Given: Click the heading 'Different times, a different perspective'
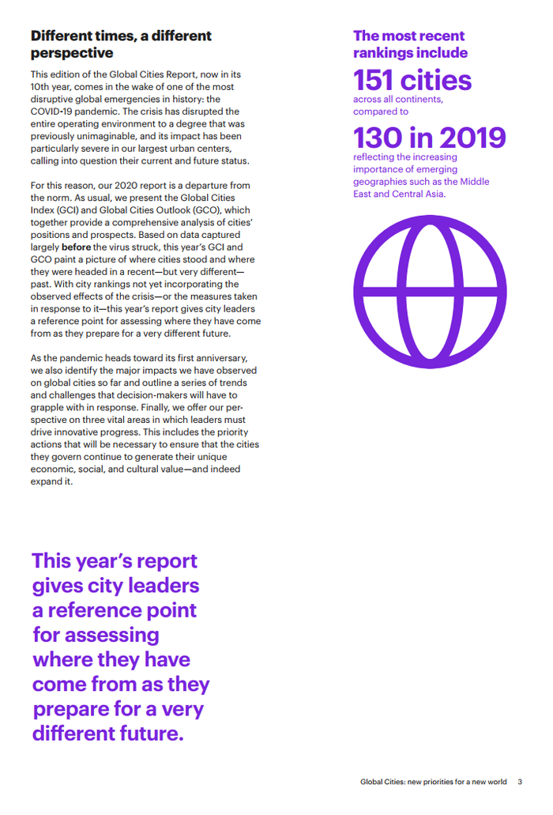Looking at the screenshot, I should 121,44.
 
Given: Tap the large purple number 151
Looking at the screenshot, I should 376,81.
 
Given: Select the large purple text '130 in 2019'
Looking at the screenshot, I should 429,138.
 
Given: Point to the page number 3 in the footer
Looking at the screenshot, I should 520,783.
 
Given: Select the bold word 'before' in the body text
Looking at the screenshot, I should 76,247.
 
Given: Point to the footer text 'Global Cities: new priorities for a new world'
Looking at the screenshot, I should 433,783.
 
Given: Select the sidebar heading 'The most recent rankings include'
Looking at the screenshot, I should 410,44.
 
